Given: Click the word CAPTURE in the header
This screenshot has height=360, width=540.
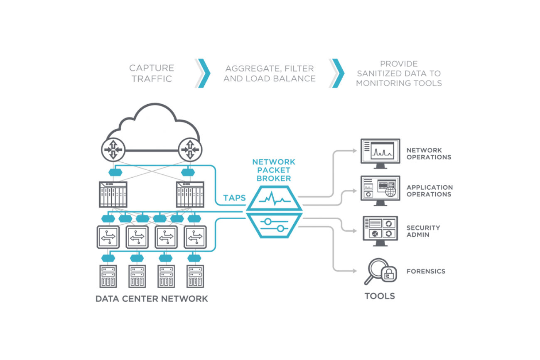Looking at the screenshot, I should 152,68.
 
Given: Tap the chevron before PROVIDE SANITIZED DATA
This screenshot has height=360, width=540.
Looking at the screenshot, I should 336,73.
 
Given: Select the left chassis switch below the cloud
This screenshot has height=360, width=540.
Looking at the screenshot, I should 113,194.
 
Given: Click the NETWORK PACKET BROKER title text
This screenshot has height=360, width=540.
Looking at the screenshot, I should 274,169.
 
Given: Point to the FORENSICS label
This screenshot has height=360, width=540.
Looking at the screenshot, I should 425,271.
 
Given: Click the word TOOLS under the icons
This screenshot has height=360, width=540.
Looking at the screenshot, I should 380,296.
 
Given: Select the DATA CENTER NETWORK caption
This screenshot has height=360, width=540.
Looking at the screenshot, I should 151,299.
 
